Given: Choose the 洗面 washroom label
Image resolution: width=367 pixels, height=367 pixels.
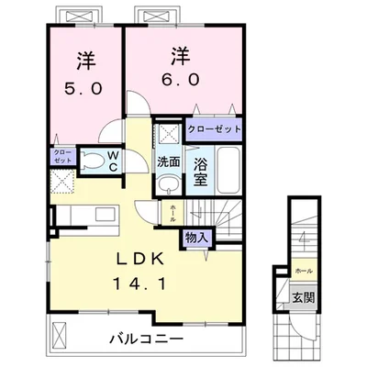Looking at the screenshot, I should [168, 161].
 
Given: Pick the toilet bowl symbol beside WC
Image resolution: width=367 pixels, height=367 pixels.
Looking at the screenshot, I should [91, 162].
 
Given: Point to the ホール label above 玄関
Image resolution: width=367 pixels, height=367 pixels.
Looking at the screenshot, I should [302, 272].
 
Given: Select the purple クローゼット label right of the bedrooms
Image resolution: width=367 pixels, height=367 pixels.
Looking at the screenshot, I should [214, 129].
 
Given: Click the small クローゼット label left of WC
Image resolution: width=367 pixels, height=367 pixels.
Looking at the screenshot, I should [61, 155].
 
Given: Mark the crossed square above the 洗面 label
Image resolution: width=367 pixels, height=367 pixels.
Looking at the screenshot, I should [167, 135].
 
